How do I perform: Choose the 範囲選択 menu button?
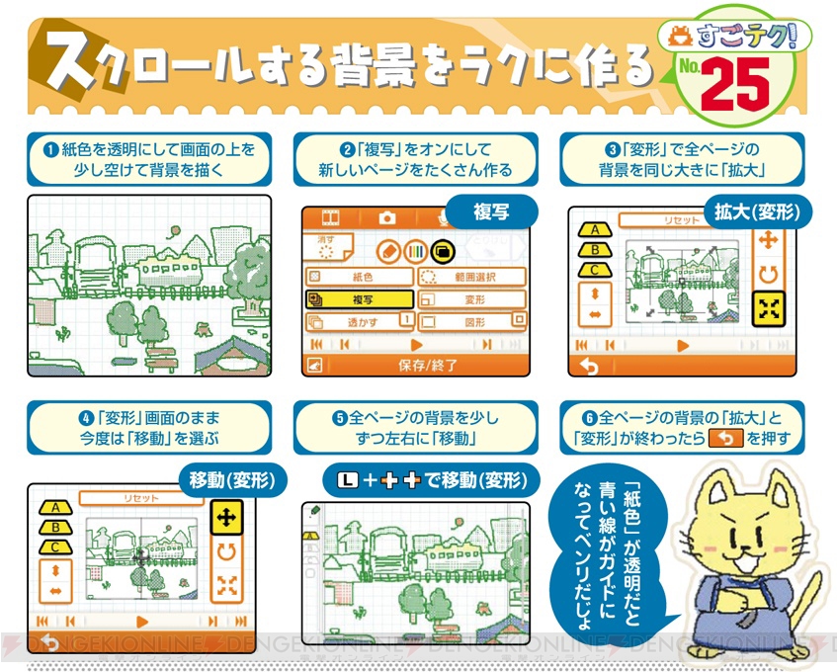pyautogui.click(x=471, y=278)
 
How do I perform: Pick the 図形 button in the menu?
pyautogui.click(x=471, y=321)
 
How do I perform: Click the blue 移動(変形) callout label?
pyautogui.click(x=232, y=481)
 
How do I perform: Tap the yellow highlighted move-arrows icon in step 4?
pyautogui.click(x=226, y=517)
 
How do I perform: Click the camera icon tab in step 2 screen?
pyautogui.click(x=388, y=217)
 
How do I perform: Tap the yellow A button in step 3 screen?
pyautogui.click(x=594, y=230)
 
